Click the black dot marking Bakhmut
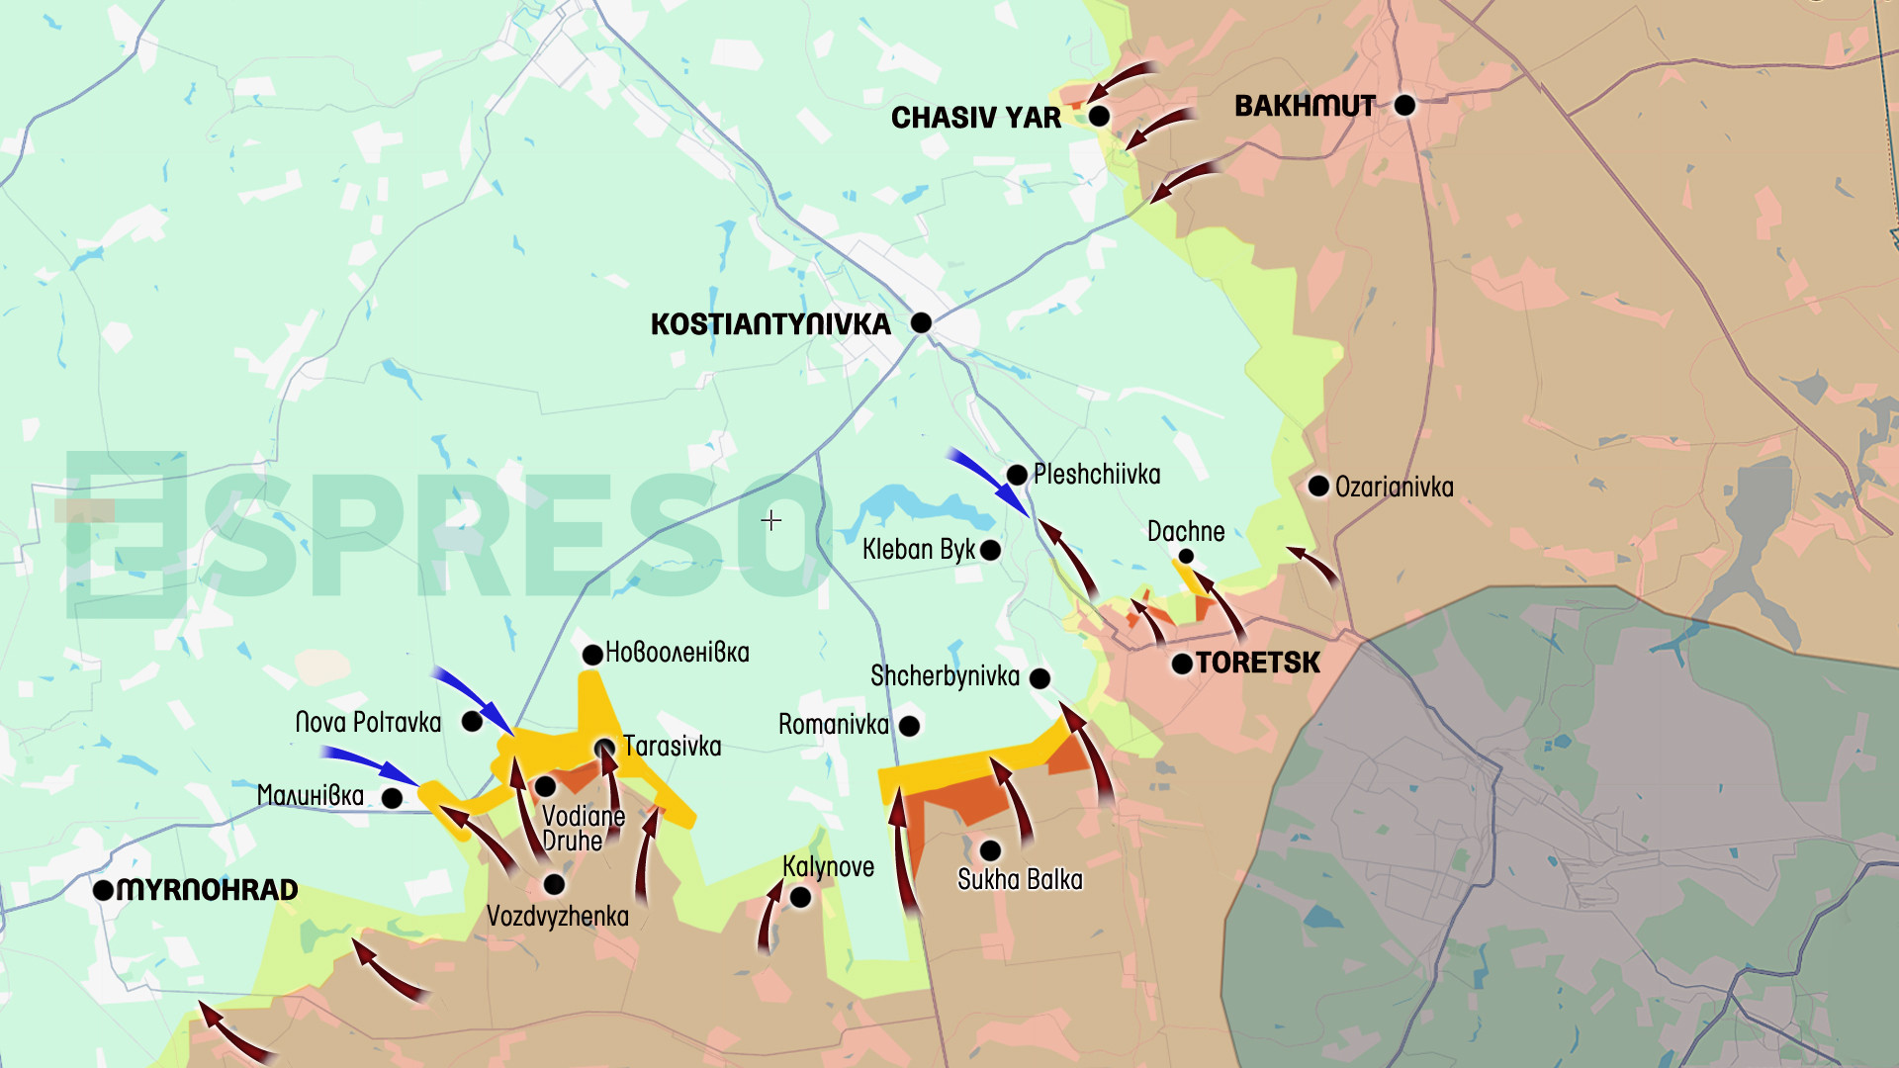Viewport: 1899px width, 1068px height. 1404,105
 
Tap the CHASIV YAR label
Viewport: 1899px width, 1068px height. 975,118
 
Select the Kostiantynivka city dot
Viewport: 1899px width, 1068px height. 921,322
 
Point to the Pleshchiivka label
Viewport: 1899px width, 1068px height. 1096,475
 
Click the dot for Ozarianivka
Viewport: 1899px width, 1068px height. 1318,486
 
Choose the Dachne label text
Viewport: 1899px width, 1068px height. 1186,532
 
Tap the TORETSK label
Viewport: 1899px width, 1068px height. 1257,663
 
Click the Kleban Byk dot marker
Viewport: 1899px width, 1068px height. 990,550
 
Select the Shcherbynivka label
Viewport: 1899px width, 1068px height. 945,676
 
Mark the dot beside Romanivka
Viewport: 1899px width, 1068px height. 910,726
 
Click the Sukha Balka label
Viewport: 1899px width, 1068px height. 1020,879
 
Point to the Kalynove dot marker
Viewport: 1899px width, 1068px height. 800,898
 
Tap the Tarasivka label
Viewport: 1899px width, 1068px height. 672,746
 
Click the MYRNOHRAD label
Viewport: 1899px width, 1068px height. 207,890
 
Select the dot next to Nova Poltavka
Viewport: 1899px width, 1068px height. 473,722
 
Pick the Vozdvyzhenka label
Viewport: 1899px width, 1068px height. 557,917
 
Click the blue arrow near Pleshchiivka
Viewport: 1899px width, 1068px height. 989,482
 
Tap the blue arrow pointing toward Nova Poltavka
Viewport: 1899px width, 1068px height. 473,697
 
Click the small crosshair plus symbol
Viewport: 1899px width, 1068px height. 771,520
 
